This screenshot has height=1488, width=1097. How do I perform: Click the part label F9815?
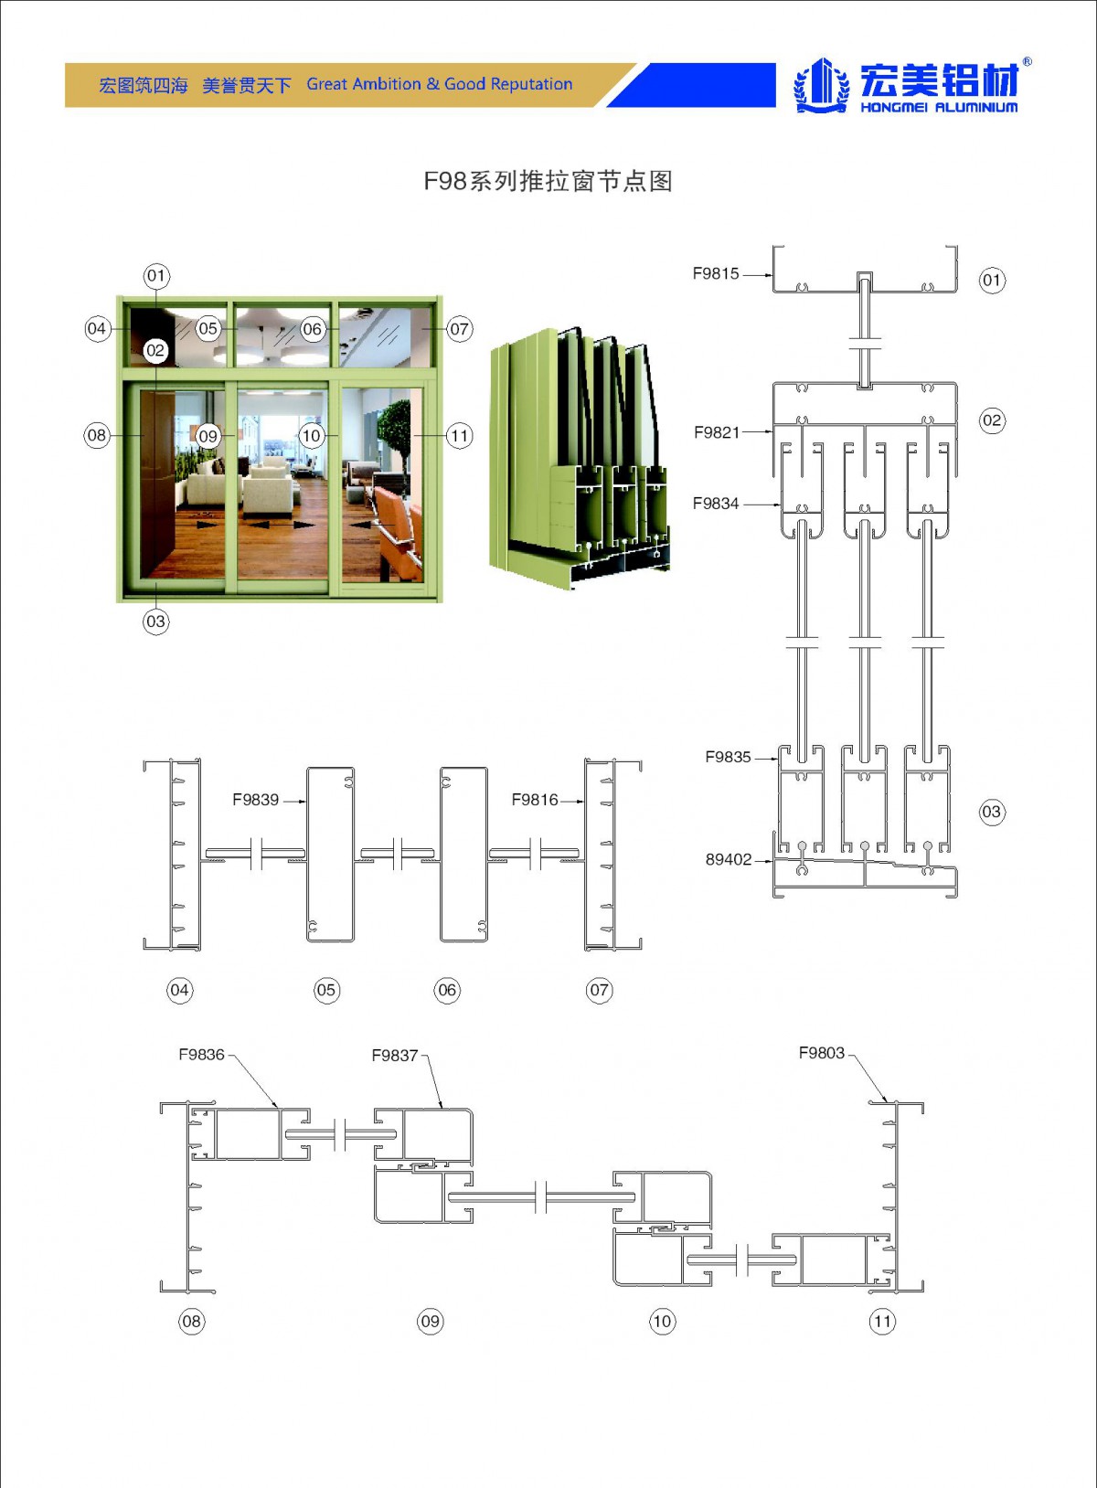(715, 273)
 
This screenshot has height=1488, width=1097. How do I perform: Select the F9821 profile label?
(716, 432)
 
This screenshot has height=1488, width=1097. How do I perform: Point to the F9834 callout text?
(715, 504)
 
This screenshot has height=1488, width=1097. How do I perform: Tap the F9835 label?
(728, 757)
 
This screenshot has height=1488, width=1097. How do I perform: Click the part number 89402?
(728, 859)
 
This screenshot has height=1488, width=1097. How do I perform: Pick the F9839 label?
(255, 800)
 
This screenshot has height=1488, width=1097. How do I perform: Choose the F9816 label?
(534, 800)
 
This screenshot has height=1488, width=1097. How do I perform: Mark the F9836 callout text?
(201, 1055)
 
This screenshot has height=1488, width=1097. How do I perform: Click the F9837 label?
(394, 1056)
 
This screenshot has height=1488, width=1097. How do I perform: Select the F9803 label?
(821, 1053)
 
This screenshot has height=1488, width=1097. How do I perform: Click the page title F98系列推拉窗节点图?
(548, 181)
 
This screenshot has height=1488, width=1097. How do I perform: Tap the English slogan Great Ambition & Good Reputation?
(439, 84)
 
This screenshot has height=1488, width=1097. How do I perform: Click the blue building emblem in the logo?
(820, 86)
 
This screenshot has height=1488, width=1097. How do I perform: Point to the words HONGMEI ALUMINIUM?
(938, 108)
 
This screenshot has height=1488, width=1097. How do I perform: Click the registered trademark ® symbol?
(1028, 62)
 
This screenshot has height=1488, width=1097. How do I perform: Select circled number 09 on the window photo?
(208, 436)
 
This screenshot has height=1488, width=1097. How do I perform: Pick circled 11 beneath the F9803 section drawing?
(882, 1321)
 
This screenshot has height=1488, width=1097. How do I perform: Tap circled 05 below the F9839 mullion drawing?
(326, 990)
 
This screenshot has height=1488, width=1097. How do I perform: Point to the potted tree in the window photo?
(395, 434)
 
